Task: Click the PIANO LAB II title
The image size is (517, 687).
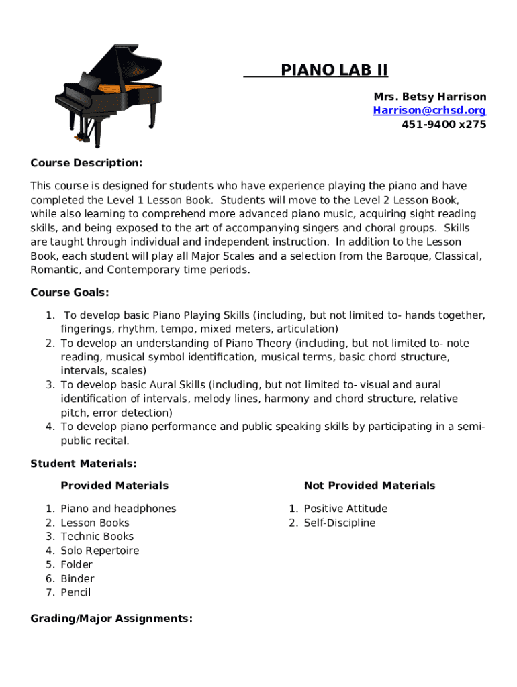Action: (334, 70)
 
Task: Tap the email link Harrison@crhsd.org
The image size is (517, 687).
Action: (430, 111)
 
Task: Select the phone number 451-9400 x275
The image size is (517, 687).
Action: (444, 124)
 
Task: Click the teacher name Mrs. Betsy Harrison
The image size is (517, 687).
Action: (430, 97)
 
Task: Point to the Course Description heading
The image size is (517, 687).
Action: (87, 163)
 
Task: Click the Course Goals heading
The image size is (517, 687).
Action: (70, 293)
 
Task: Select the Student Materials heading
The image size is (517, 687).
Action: (84, 463)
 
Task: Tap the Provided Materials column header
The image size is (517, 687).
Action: (114, 485)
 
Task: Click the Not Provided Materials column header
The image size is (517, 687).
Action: (369, 485)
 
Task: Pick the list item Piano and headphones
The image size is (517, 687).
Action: (118, 509)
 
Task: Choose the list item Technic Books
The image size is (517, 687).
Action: (97, 536)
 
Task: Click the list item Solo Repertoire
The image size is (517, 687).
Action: (99, 550)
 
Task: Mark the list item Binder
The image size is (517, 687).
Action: (77, 578)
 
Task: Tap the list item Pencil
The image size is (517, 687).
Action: (75, 592)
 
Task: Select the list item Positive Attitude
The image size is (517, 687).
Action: (345, 509)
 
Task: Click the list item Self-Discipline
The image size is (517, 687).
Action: (339, 523)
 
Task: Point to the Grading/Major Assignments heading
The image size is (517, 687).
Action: (111, 618)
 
